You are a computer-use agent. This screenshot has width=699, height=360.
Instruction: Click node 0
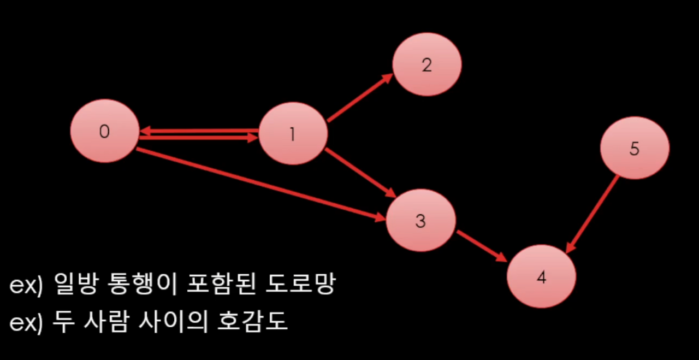(104, 131)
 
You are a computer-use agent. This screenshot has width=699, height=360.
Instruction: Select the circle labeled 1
(293, 134)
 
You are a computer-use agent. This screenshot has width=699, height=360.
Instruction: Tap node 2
(427, 64)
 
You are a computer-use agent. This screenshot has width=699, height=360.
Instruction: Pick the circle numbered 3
(420, 221)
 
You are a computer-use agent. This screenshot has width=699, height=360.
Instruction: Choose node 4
(541, 277)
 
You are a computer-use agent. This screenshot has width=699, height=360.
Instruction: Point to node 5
(635, 149)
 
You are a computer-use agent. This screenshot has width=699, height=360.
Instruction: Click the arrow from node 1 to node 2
(359, 98)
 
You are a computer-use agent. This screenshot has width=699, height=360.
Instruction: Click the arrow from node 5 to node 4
(593, 213)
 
